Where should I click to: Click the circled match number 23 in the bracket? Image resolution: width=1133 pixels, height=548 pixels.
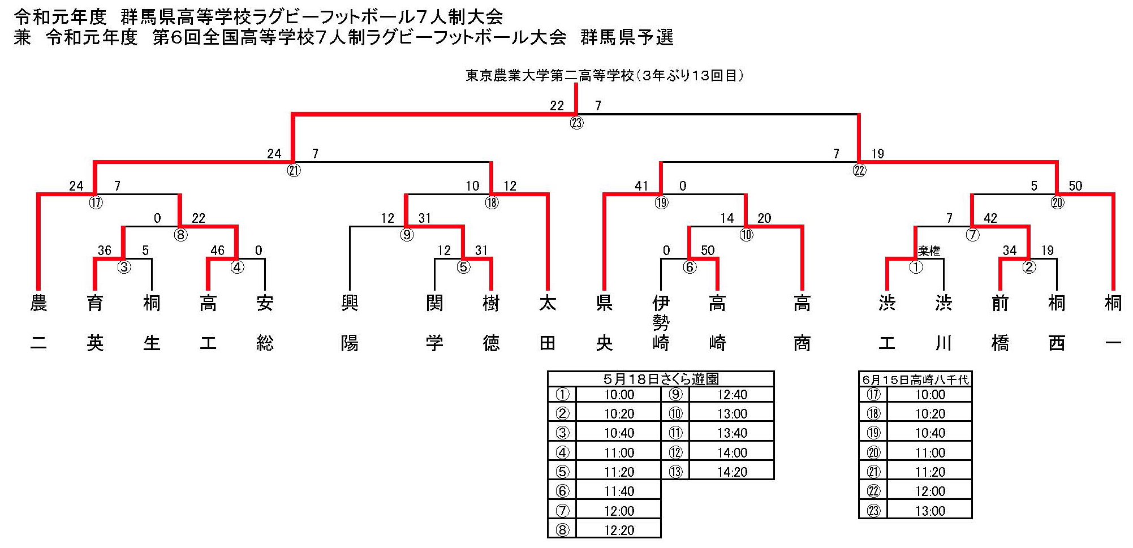(576, 123)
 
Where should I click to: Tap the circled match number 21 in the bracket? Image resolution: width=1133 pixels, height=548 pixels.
(294, 170)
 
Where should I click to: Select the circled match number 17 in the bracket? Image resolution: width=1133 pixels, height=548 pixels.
(96, 202)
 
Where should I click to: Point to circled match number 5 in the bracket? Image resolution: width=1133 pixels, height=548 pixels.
(463, 267)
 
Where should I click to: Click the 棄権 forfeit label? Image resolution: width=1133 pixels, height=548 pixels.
(929, 251)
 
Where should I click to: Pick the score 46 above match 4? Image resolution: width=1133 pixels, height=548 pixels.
(217, 251)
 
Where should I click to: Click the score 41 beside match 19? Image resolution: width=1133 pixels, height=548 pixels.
(641, 186)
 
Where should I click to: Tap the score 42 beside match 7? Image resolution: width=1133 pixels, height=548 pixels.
(990, 218)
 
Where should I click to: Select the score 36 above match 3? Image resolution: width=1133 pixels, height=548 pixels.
(104, 251)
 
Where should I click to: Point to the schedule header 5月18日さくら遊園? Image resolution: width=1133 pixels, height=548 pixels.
(661, 379)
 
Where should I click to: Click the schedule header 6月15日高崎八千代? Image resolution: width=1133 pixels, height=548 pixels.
(915, 379)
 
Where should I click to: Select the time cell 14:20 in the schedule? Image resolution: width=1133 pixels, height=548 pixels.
(732, 472)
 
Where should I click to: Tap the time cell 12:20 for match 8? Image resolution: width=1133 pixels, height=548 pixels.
(619, 530)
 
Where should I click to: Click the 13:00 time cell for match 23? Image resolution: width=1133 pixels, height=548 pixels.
(930, 511)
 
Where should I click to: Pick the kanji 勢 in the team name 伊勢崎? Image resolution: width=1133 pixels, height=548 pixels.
(661, 323)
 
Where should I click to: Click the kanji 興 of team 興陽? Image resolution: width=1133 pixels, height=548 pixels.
(350, 304)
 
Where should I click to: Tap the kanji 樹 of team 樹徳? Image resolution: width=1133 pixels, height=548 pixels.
(491, 304)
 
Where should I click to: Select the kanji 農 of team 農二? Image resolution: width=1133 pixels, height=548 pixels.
(38, 304)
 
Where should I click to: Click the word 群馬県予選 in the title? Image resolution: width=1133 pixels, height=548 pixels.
(627, 37)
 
